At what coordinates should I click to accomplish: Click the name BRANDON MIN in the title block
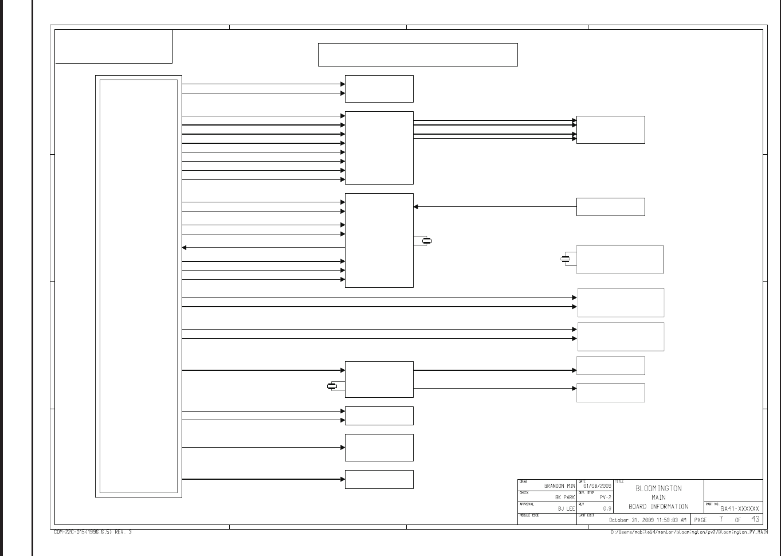[x=559, y=486]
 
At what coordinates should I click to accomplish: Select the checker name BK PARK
[x=564, y=498]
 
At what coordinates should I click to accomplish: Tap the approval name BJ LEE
[x=566, y=508]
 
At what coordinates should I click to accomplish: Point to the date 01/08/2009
[x=597, y=486]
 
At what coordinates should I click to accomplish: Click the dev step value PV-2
[x=605, y=498]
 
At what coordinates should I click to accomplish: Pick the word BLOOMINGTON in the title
[x=658, y=488]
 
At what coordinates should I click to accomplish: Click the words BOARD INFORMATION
[x=658, y=507]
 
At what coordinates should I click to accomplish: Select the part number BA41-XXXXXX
[x=740, y=508]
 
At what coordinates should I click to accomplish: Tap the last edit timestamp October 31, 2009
[x=647, y=520]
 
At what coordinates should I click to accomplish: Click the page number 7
[x=721, y=519]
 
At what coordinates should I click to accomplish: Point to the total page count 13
[x=755, y=519]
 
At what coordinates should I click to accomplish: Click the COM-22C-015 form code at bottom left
[x=93, y=532]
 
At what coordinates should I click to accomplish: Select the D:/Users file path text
[x=689, y=532]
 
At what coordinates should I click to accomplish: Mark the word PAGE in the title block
[x=700, y=520]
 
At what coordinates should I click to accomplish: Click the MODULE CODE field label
[x=529, y=515]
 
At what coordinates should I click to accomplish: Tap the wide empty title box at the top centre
[x=418, y=54]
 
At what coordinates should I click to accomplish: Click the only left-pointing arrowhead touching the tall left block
[x=184, y=248]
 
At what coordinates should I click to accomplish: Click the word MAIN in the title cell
[x=658, y=498]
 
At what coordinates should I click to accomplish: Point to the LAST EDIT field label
[x=586, y=515]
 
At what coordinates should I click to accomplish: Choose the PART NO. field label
[x=712, y=504]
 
